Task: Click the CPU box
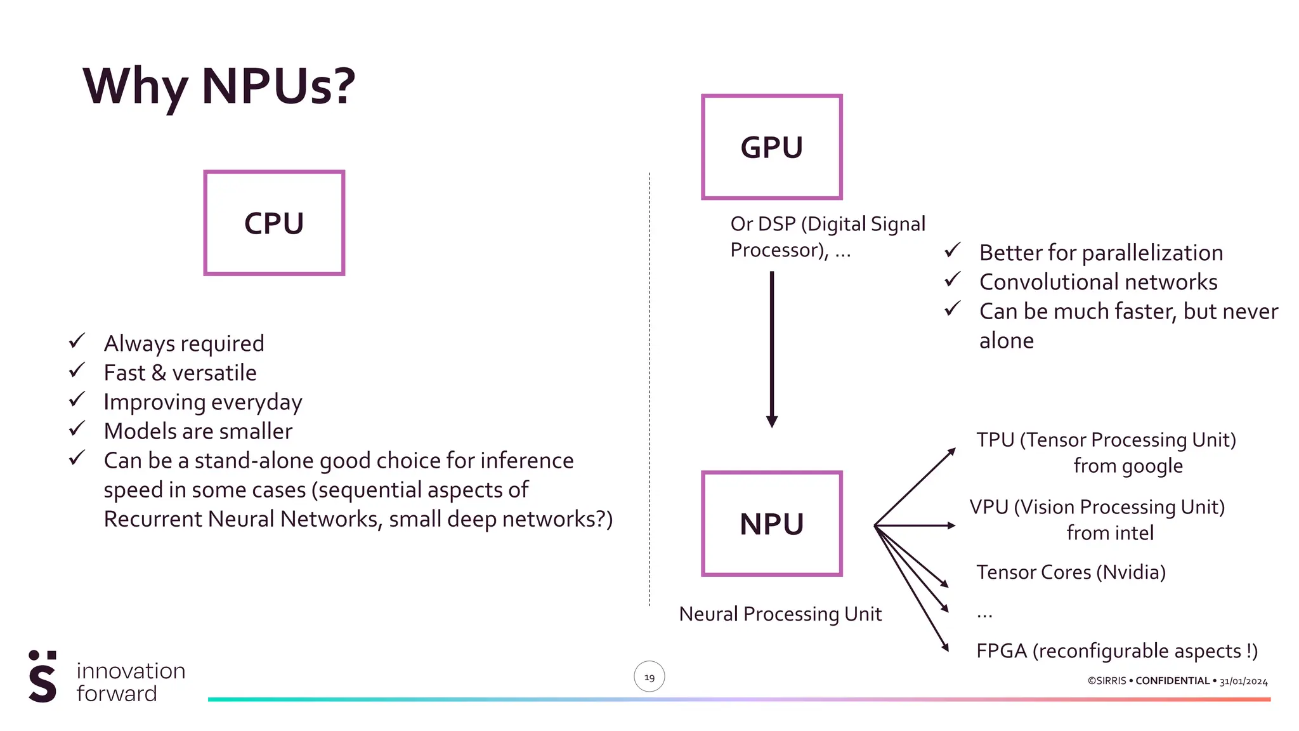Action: click(x=274, y=223)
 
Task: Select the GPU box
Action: click(x=771, y=147)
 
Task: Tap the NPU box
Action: click(x=771, y=524)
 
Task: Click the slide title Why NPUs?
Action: click(x=219, y=86)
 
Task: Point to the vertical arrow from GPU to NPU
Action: click(x=772, y=349)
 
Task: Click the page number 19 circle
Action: click(x=649, y=677)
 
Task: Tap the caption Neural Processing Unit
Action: click(x=780, y=614)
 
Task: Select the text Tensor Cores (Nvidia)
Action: click(x=1071, y=572)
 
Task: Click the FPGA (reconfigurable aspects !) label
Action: click(x=1116, y=651)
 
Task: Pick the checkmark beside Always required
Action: click(x=77, y=341)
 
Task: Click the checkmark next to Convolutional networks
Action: click(x=952, y=279)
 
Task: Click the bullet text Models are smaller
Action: click(x=198, y=431)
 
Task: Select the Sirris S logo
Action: click(x=42, y=676)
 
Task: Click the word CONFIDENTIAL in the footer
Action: click(x=1172, y=681)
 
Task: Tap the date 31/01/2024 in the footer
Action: click(x=1243, y=682)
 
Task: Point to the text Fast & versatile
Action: click(x=180, y=373)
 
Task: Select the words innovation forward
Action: click(x=131, y=682)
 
